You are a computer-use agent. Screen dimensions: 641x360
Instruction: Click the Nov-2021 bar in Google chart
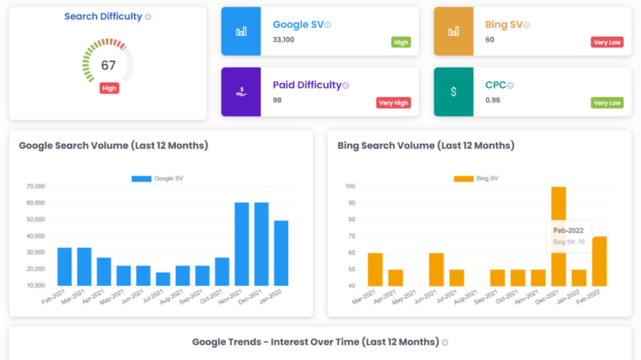click(x=241, y=244)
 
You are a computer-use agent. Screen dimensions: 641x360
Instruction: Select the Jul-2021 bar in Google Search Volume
click(x=163, y=279)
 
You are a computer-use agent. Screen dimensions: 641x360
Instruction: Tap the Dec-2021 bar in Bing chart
click(x=558, y=236)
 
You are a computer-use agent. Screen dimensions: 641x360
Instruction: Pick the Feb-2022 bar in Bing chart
click(x=599, y=261)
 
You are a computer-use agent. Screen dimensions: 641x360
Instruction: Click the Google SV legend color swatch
click(x=141, y=179)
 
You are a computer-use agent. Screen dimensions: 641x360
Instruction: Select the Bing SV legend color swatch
click(x=464, y=179)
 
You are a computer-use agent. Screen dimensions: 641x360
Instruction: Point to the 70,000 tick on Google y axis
click(x=35, y=186)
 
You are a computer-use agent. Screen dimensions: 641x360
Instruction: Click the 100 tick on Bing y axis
click(x=350, y=186)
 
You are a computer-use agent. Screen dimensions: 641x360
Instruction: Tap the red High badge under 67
click(x=109, y=89)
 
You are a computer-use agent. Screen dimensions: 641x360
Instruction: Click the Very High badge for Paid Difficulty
click(x=393, y=103)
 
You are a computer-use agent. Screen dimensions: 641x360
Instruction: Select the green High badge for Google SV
click(x=401, y=42)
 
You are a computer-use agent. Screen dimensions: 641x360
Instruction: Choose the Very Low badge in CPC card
click(x=607, y=103)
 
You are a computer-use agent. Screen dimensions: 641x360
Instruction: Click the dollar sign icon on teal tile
click(x=453, y=91)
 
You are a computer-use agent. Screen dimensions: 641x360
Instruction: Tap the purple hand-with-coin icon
click(x=241, y=92)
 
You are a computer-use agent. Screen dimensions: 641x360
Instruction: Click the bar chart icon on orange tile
click(x=453, y=32)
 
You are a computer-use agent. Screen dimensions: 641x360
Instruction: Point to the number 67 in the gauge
click(x=108, y=66)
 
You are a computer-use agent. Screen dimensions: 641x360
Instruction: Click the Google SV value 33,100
click(x=283, y=40)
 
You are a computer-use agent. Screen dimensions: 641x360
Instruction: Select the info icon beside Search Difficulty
click(x=148, y=17)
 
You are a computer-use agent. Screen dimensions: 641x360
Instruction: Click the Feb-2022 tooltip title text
click(x=568, y=230)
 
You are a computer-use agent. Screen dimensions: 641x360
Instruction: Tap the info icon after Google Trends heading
click(x=445, y=343)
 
